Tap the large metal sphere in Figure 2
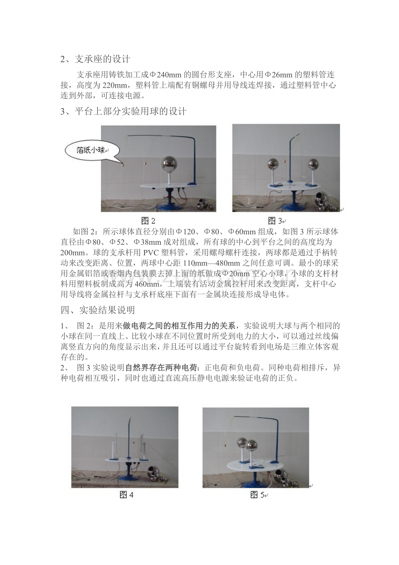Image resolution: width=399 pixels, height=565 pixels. tap(168, 164)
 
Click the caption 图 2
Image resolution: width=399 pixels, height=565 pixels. tap(148, 221)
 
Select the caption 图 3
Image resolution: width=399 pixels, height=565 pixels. tap(275, 221)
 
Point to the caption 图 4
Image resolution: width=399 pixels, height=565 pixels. tap(127, 495)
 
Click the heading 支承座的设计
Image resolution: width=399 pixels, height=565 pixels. tap(103, 59)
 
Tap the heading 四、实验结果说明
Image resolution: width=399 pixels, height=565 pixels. tap(98, 310)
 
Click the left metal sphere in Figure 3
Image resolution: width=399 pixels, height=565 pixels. tap(273, 164)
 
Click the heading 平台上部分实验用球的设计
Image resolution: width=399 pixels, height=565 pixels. tap(131, 111)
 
